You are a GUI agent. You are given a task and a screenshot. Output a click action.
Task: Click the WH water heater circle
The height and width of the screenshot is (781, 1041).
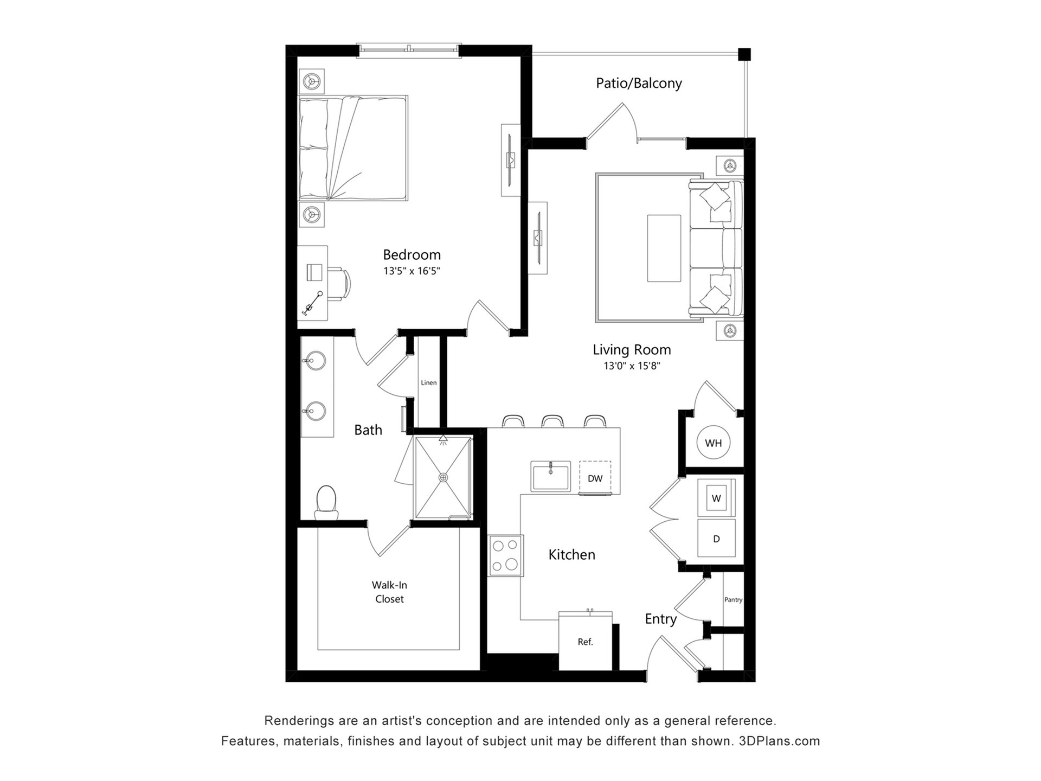click(713, 443)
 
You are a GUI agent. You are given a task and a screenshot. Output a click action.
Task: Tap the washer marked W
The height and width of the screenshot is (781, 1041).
click(716, 498)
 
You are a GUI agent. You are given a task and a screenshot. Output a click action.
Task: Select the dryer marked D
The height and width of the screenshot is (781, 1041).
click(716, 539)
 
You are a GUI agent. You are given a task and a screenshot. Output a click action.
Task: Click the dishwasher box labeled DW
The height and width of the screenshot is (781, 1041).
click(595, 478)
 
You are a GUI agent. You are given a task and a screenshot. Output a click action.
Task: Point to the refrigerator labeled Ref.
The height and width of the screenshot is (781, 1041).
click(586, 641)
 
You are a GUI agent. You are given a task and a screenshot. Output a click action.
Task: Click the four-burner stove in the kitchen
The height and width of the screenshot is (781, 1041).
click(506, 555)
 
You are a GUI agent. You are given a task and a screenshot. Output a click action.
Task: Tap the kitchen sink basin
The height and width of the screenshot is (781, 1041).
click(550, 477)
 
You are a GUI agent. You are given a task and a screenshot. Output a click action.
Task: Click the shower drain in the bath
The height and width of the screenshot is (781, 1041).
click(444, 478)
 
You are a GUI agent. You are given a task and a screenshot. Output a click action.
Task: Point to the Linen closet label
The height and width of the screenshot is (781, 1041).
click(428, 382)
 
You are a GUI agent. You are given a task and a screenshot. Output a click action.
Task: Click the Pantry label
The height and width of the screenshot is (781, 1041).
click(733, 599)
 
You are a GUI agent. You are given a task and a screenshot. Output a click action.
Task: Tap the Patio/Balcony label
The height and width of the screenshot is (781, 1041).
click(639, 83)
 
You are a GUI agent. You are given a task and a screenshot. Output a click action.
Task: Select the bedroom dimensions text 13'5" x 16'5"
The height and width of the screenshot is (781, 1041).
click(412, 271)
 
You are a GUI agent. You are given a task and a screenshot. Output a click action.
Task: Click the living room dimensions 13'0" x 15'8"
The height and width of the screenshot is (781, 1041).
click(632, 366)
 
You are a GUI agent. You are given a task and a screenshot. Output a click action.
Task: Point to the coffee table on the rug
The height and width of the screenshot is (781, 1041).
click(664, 248)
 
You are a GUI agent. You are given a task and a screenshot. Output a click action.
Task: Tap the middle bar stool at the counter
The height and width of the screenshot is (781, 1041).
click(552, 421)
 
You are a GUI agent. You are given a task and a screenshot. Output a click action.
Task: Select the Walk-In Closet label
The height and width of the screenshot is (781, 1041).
click(389, 592)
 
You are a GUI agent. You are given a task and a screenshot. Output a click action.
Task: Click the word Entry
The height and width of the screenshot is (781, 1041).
click(660, 619)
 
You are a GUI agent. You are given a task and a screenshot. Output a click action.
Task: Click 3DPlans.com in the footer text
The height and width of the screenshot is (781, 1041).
click(779, 741)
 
